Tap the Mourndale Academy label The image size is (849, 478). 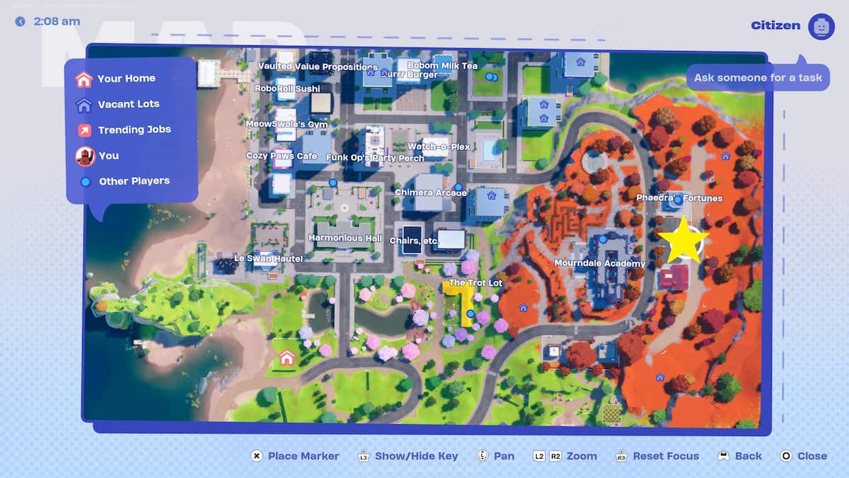tap(599, 263)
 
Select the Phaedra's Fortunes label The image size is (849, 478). tap(679, 198)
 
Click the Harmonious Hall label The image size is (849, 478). tap(345, 239)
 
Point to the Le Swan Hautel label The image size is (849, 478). tap(268, 259)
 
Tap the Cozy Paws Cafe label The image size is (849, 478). tap(282, 156)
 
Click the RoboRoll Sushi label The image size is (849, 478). tap(287, 89)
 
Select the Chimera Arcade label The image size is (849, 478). tap(430, 193)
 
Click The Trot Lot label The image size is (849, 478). tap(475, 283)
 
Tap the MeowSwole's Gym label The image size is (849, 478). tap(287, 124)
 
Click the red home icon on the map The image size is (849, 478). tap(287, 358)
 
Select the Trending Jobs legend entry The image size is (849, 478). tap(134, 130)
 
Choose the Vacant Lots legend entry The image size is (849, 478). tap(128, 104)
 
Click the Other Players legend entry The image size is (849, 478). tap(134, 181)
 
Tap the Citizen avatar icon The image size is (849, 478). tap(821, 26)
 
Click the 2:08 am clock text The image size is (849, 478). tap(56, 21)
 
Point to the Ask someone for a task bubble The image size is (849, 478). tap(758, 77)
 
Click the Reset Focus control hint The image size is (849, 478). tap(665, 456)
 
